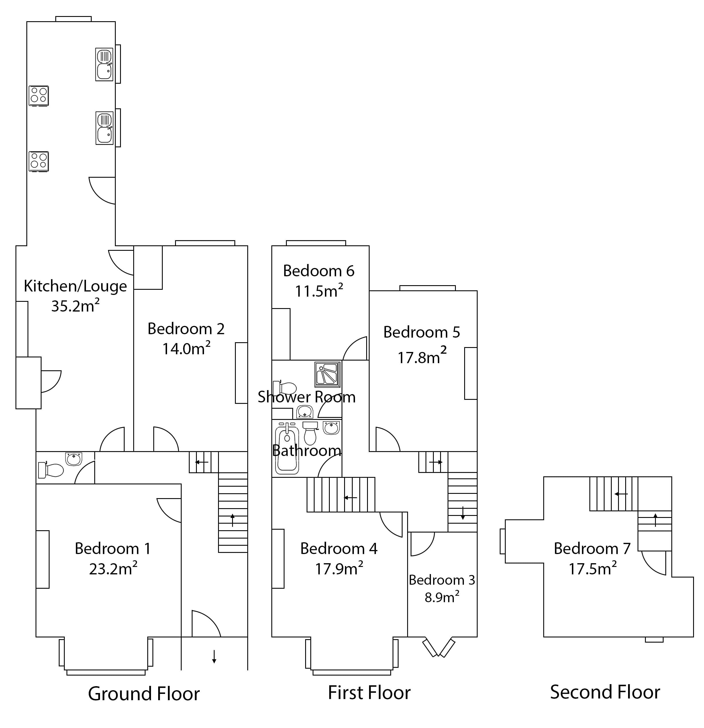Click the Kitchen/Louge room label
point(75,286)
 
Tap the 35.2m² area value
point(75,306)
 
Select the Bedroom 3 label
point(442,580)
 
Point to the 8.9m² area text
point(442,597)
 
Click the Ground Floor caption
point(144,693)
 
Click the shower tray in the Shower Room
point(328,374)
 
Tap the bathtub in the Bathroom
point(287,450)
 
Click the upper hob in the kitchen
point(39,95)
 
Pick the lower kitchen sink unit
point(104,128)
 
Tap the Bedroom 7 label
point(592,549)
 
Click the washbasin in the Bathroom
point(331,428)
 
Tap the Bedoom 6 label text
point(319,271)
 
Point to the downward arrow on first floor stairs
point(463,514)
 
